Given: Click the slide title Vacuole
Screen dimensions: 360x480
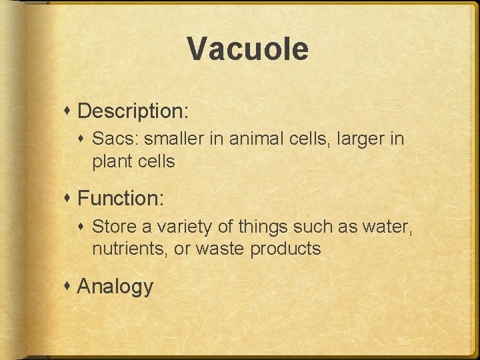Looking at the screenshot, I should [x=247, y=49].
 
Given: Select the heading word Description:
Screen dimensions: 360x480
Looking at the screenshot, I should [x=133, y=111].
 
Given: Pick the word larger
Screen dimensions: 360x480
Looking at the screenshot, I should [x=356, y=139].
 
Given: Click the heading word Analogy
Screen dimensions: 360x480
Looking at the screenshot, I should [x=115, y=286].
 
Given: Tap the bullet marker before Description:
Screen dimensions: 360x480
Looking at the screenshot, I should [x=69, y=111].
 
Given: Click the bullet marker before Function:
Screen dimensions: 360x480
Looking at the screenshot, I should [x=69, y=198].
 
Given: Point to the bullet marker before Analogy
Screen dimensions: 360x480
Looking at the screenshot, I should [x=69, y=286].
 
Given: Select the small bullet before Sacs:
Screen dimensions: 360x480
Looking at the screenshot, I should [x=83, y=139].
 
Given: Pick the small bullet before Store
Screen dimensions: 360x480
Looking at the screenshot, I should [x=83, y=227].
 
